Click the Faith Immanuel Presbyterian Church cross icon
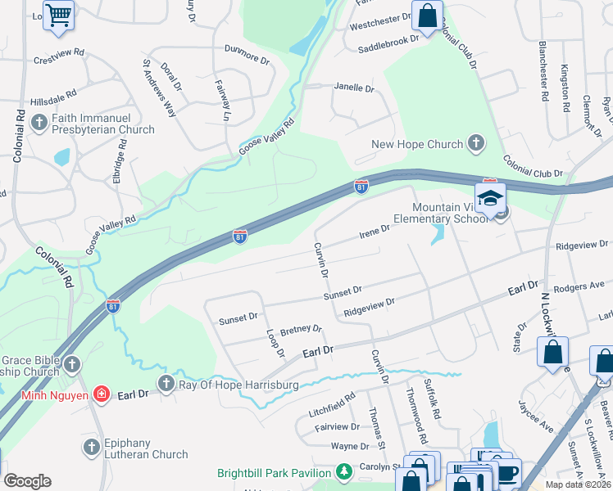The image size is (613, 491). (39, 123)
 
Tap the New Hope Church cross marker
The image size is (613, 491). (475, 144)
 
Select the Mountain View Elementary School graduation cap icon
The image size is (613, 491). (490, 199)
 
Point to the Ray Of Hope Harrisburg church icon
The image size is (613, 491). (166, 383)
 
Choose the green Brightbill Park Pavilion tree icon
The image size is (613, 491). (345, 472)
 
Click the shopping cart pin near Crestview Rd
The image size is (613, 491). (58, 15)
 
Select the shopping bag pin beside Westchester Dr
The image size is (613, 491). (427, 16)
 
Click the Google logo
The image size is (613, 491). (27, 481)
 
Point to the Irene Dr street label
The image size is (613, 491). (374, 234)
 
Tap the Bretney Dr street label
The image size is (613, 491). (301, 330)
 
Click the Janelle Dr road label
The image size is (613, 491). (354, 88)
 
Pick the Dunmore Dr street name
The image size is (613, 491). (247, 59)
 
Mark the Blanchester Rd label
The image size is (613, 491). (543, 71)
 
